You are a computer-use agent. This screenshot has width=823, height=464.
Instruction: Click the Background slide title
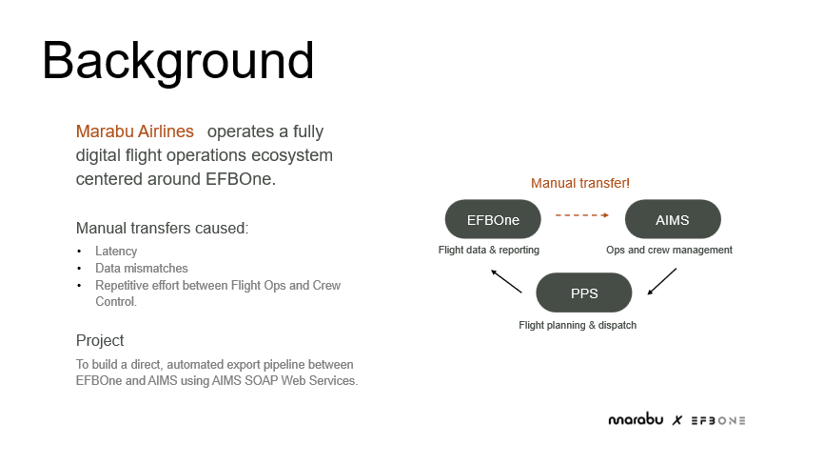[178, 61]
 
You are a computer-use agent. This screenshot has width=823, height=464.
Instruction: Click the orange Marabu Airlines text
[135, 131]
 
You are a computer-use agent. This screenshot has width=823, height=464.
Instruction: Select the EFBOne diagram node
[493, 219]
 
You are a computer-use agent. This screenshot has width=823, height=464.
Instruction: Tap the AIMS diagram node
[673, 219]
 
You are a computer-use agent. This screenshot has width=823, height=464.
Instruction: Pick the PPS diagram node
[583, 293]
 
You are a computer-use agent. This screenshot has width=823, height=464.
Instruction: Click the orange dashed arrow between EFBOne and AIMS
[582, 215]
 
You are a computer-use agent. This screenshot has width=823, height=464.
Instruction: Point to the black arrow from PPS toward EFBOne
[506, 281]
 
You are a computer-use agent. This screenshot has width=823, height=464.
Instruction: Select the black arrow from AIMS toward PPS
[662, 282]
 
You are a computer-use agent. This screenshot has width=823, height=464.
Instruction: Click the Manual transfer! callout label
[580, 183]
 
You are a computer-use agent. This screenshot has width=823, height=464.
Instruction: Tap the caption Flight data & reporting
[489, 250]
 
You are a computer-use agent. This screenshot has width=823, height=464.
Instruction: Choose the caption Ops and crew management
[669, 250]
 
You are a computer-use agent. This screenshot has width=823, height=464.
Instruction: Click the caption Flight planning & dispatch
[578, 325]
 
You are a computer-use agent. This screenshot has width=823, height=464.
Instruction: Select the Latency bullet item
[116, 252]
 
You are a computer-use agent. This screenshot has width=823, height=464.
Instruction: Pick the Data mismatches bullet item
[141, 268]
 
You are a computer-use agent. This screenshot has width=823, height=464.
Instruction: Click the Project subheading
[100, 340]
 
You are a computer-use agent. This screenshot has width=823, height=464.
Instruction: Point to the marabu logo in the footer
[636, 419]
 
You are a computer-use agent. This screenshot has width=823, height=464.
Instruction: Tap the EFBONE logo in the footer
[718, 420]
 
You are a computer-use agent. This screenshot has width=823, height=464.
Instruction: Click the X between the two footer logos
[677, 420]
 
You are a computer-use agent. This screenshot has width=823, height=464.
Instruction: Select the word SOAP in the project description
[261, 380]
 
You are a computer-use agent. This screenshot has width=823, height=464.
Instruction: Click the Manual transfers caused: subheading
[162, 228]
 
